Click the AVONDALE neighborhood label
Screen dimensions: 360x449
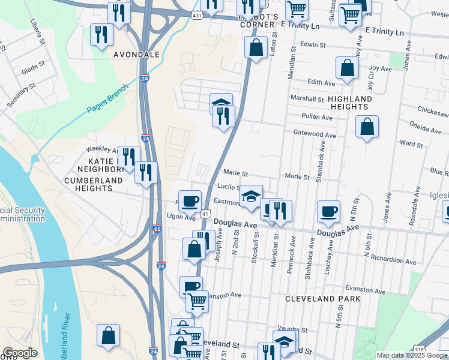136,54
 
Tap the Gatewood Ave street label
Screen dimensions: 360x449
314,136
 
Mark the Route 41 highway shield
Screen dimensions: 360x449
205,214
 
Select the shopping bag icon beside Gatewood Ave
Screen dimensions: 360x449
367,127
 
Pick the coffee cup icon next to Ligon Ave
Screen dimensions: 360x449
190,201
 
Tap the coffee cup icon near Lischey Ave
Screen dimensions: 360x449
328,211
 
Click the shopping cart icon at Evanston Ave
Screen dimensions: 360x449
197,302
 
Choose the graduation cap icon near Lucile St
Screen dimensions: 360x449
251,196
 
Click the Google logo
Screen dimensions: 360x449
20,353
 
